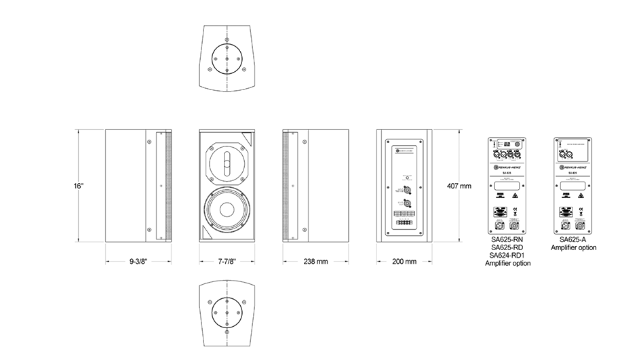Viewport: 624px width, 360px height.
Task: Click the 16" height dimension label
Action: pos(79,185)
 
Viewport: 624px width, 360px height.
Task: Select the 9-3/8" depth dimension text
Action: pos(138,261)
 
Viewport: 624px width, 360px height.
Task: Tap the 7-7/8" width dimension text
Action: pos(227,261)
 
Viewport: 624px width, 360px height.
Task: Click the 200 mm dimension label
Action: pos(404,261)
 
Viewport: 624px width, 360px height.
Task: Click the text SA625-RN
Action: pos(508,240)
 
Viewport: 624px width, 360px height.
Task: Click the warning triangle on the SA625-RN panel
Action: pos(515,196)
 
